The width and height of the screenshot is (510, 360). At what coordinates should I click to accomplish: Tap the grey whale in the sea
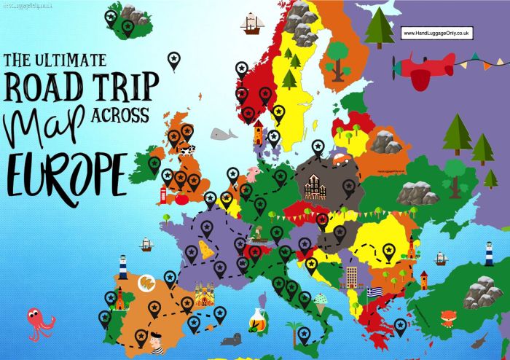pyautogui.click(x=222, y=134)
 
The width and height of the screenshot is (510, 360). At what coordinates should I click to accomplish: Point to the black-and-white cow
pyautogui.click(x=188, y=150)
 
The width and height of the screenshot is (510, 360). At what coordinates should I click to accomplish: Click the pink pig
pyautogui.click(x=253, y=173)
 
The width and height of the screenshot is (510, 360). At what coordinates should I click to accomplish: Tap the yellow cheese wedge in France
pyautogui.click(x=208, y=249)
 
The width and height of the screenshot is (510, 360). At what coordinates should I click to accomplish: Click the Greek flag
pyautogui.click(x=375, y=292)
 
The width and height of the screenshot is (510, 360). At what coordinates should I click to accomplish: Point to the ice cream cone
pyautogui.click(x=321, y=302)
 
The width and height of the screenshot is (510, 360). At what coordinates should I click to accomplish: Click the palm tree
pyautogui.click(x=295, y=332)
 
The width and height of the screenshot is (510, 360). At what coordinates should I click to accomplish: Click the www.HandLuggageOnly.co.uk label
pyautogui.click(x=438, y=33)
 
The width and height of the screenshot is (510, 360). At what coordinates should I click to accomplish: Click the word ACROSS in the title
pyautogui.click(x=122, y=114)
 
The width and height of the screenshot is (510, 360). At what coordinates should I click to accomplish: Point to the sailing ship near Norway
pyautogui.click(x=251, y=24)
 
